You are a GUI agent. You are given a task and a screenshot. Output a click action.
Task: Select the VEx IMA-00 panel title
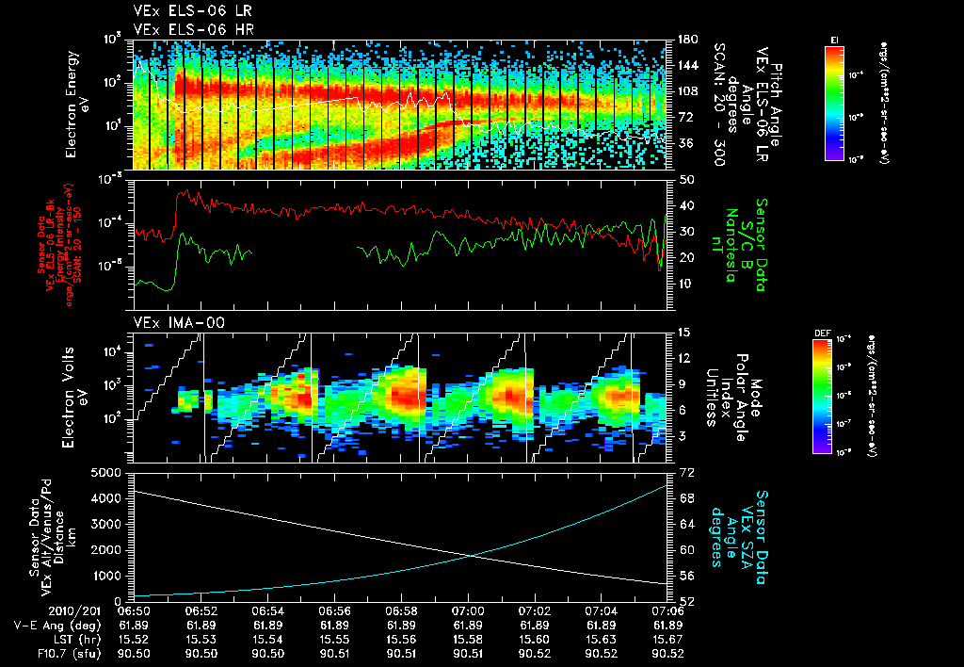pyautogui.click(x=169, y=322)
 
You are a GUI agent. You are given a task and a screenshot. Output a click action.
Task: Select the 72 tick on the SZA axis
pyautogui.click(x=686, y=469)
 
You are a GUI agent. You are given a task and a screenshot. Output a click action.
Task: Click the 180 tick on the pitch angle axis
pyautogui.click(x=686, y=40)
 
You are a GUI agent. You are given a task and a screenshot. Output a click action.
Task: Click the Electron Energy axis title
pyautogui.click(x=75, y=105)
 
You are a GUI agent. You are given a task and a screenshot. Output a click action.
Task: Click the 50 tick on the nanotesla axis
pyautogui.click(x=686, y=179)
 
